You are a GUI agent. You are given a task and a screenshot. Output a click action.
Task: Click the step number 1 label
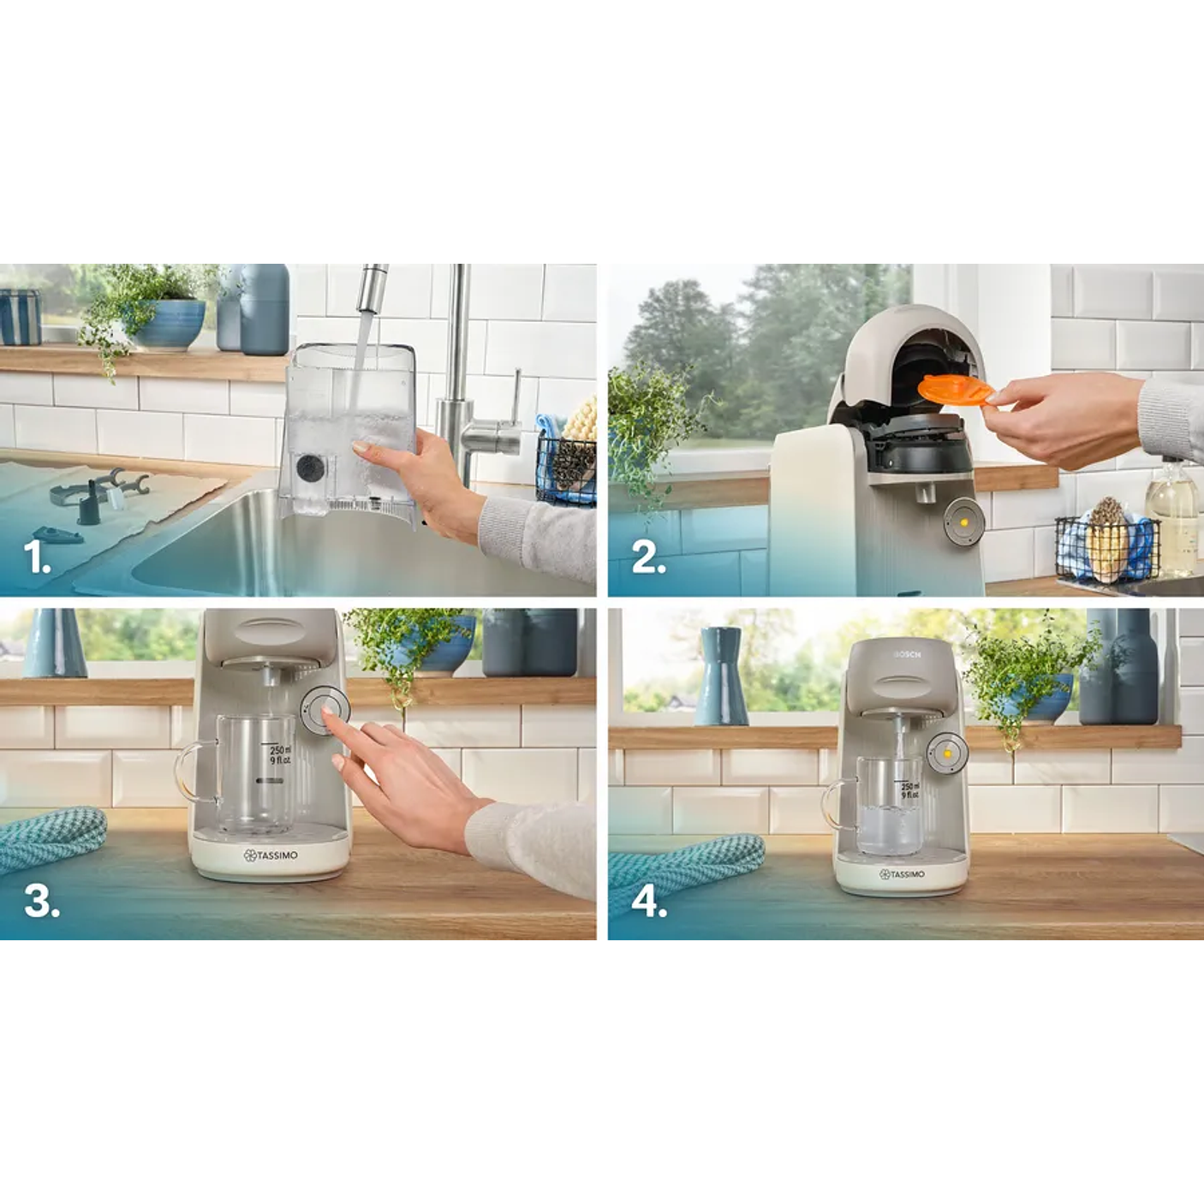click(x=37, y=558)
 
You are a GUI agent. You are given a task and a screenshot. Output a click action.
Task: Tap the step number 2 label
click(x=648, y=558)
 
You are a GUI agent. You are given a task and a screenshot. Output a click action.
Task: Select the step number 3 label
click(x=41, y=901)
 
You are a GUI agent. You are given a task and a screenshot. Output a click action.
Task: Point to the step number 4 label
click(x=649, y=902)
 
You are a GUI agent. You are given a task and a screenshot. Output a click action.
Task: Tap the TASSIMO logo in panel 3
click(x=271, y=855)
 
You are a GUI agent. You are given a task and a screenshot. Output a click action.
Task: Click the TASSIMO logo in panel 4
click(x=902, y=874)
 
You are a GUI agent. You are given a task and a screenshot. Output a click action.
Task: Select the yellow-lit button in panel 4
click(x=948, y=752)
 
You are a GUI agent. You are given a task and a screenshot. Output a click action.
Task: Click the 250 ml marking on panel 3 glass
click(x=280, y=751)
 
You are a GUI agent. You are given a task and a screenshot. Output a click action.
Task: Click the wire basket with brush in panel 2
click(x=1106, y=545)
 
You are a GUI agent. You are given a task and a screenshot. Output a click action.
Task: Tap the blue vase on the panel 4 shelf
click(x=719, y=676)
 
